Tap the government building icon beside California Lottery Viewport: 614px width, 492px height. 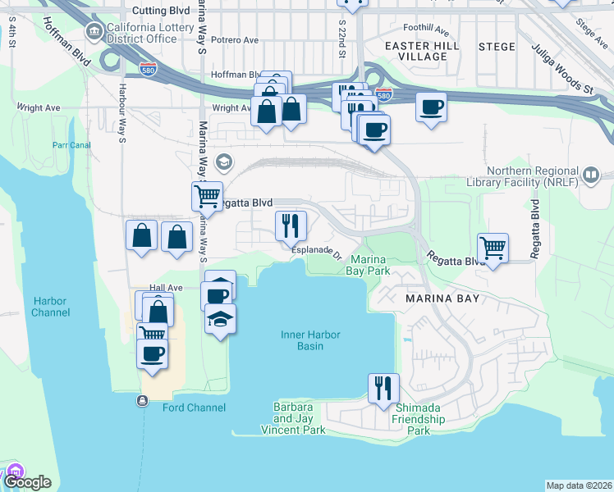[94, 33]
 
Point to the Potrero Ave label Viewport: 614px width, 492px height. [234, 39]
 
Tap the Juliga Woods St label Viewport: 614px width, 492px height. [561, 71]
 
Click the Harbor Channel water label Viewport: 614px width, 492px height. [51, 307]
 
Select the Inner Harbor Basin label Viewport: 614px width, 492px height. [312, 340]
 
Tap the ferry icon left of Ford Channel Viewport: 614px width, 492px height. [143, 401]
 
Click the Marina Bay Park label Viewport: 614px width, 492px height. [367, 264]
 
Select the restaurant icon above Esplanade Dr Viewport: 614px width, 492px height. [290, 225]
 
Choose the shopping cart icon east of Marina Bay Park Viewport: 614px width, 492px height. [493, 248]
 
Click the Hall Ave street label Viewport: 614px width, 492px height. [165, 288]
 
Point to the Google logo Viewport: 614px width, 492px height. [27, 482]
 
